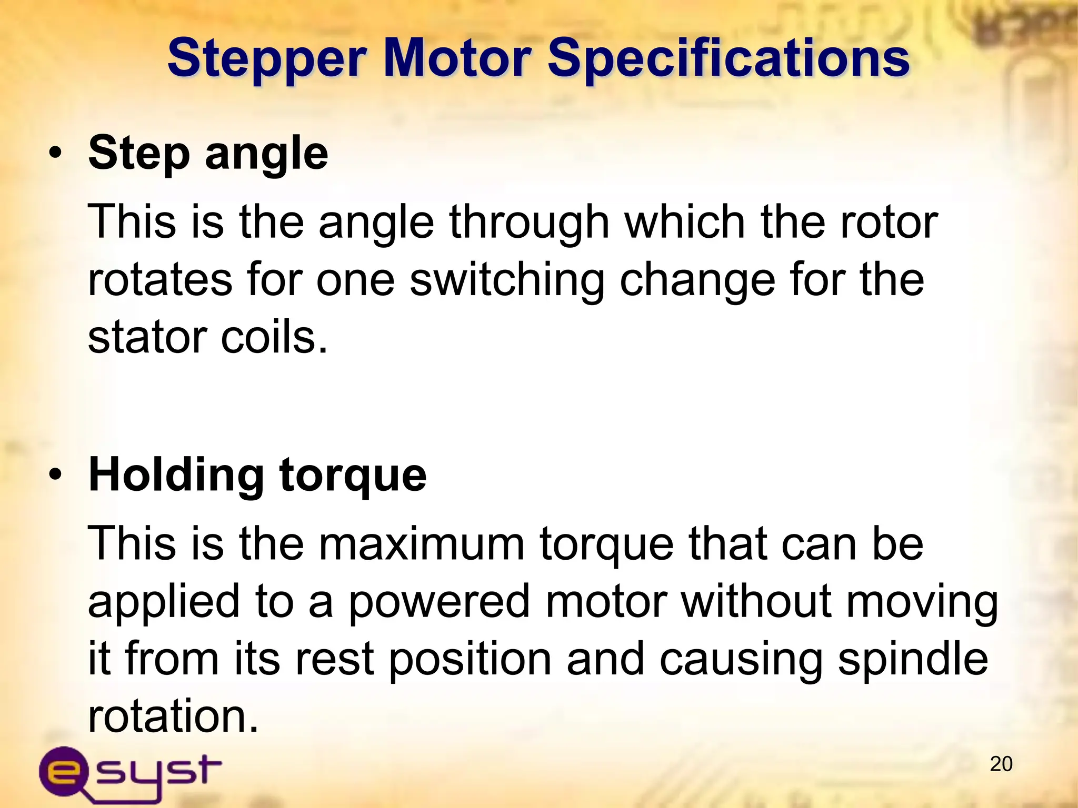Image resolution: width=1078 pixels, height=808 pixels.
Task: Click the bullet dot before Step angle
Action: click(x=55, y=154)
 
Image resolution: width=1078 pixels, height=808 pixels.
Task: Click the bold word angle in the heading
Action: click(x=266, y=154)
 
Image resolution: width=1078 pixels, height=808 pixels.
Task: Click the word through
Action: click(x=529, y=223)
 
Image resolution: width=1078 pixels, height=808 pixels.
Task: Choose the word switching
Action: click(x=507, y=280)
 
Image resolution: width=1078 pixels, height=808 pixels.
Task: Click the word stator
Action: click(x=147, y=337)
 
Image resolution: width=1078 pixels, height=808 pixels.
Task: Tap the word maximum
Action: click(x=422, y=544)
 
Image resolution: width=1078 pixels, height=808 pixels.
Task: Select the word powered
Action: click(x=439, y=602)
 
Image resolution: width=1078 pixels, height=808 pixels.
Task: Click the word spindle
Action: click(x=913, y=660)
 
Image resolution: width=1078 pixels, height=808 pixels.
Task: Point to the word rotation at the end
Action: click(x=173, y=716)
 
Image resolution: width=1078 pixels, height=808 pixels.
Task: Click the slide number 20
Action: click(x=1001, y=764)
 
